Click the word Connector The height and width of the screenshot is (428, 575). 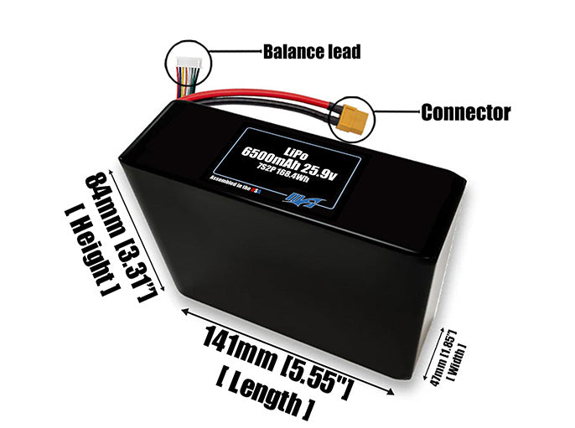coord(465,112)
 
